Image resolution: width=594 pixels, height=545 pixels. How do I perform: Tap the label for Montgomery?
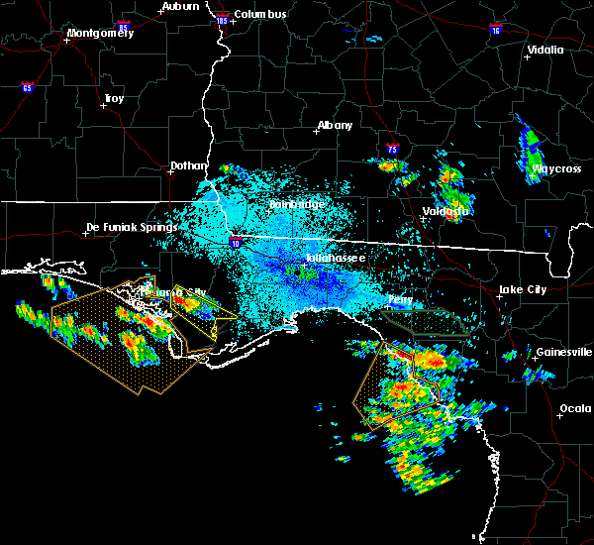click(x=99, y=33)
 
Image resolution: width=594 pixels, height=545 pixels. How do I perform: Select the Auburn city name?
click(x=179, y=6)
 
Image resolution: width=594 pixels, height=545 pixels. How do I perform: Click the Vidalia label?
click(x=545, y=50)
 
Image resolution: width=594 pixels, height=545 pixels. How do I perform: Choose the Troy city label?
click(x=114, y=98)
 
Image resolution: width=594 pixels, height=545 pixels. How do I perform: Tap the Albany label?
click(x=335, y=126)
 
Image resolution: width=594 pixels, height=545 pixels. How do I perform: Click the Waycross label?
click(x=556, y=168)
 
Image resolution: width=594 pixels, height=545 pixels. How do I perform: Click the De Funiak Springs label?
click(x=132, y=227)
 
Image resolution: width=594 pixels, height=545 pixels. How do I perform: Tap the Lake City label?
click(x=523, y=289)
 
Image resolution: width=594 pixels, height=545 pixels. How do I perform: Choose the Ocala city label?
click(x=575, y=408)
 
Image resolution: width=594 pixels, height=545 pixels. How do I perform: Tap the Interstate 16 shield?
click(x=495, y=31)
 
